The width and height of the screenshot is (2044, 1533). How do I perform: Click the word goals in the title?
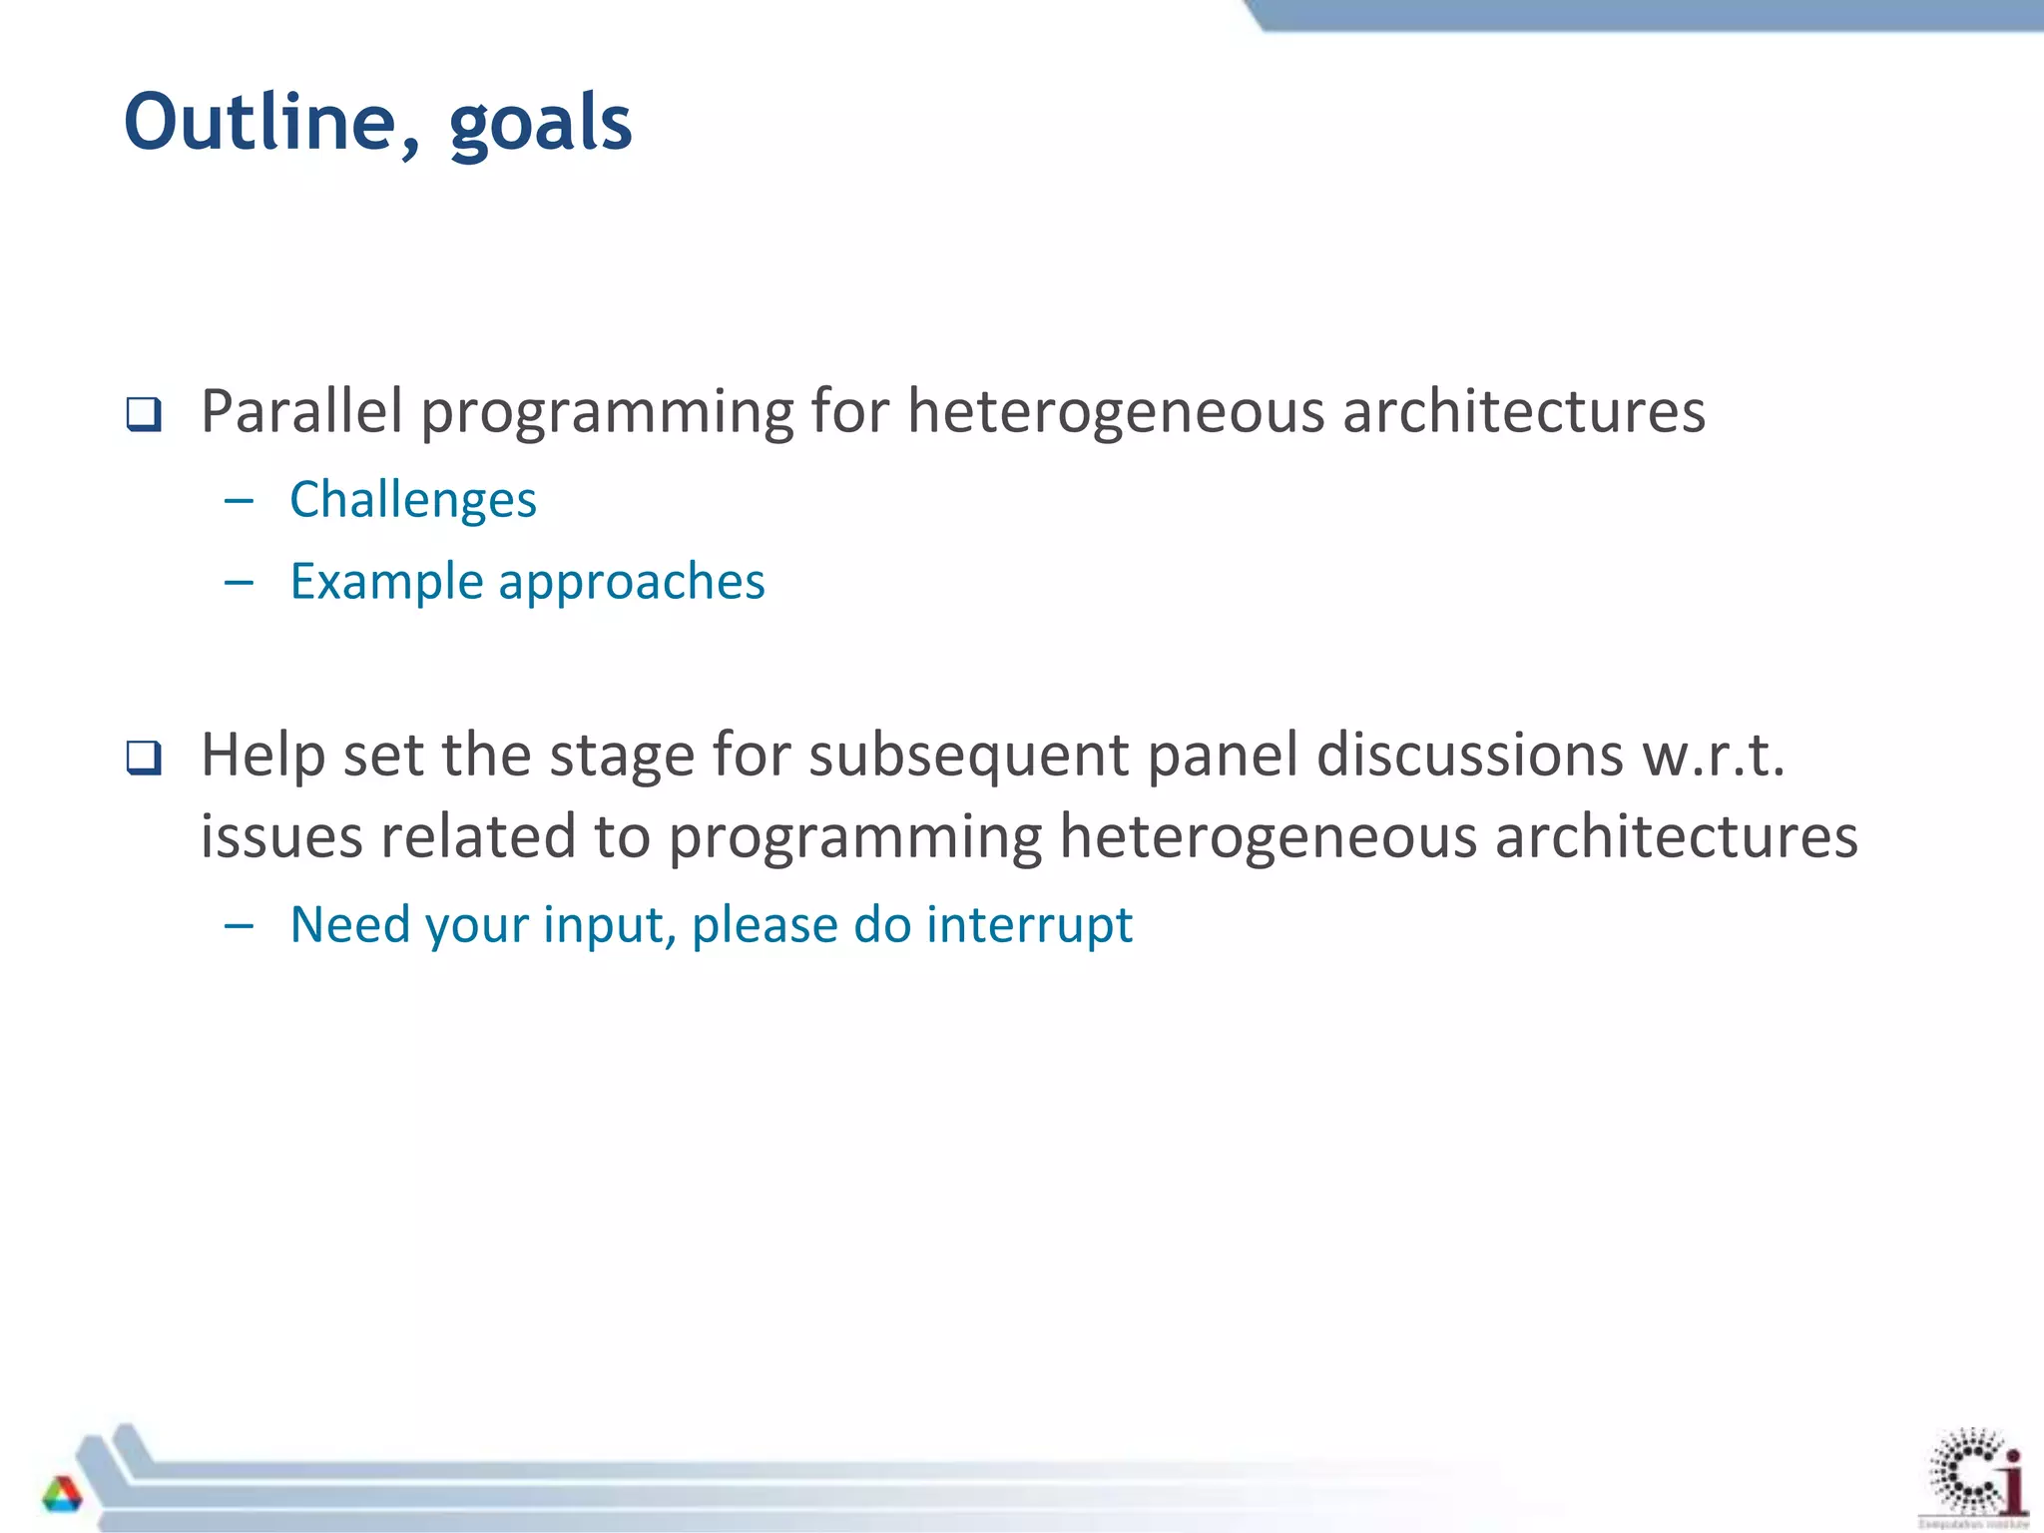[x=540, y=125]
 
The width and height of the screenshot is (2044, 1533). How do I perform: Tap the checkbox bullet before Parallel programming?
[x=144, y=414]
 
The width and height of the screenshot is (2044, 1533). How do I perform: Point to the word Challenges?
[x=412, y=499]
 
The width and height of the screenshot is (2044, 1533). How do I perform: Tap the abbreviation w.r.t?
[x=1713, y=755]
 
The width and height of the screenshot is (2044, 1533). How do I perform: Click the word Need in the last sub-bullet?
[x=348, y=924]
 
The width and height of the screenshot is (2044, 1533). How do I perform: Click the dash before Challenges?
[x=240, y=499]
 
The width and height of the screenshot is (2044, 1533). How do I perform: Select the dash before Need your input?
[x=240, y=925]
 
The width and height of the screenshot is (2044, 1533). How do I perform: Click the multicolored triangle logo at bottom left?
[x=62, y=1494]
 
